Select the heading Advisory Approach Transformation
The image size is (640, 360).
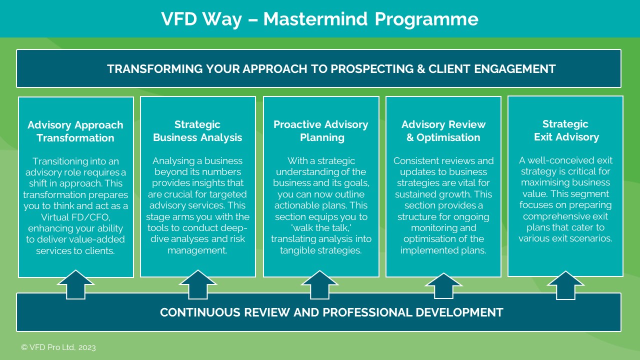click(x=75, y=131)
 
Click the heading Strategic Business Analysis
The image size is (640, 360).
click(x=197, y=131)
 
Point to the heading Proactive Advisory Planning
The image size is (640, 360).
click(x=320, y=131)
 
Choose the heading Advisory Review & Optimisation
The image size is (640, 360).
click(x=443, y=131)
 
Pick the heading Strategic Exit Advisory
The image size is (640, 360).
click(x=565, y=130)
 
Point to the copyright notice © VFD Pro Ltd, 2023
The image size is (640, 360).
click(x=58, y=347)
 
